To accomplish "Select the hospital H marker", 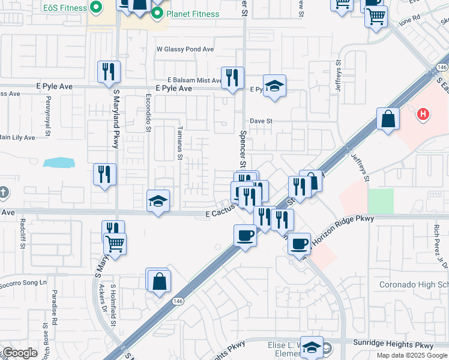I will [x=423, y=113].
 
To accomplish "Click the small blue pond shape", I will [x=58, y=162].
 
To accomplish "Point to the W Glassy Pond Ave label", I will [x=185, y=49].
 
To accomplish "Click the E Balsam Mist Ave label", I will [x=195, y=80].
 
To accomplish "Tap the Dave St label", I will [x=261, y=121].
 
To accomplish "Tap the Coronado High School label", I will [x=414, y=284].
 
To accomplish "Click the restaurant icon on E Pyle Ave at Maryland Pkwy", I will [x=109, y=72].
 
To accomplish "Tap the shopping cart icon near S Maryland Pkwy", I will [x=115, y=244].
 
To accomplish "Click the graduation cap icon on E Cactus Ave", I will [x=158, y=201].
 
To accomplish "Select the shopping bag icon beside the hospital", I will [x=388, y=118].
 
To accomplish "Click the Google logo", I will [x=19, y=353].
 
